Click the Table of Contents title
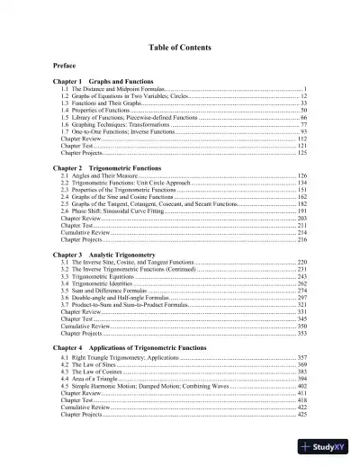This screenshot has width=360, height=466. click(x=180, y=46)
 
